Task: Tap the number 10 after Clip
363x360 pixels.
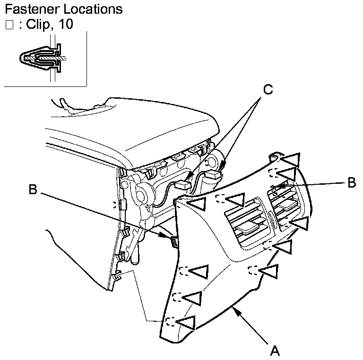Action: point(67,25)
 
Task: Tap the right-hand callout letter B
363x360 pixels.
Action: point(351,183)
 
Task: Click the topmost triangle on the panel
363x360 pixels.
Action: point(292,159)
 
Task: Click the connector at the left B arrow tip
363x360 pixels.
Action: point(173,242)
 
